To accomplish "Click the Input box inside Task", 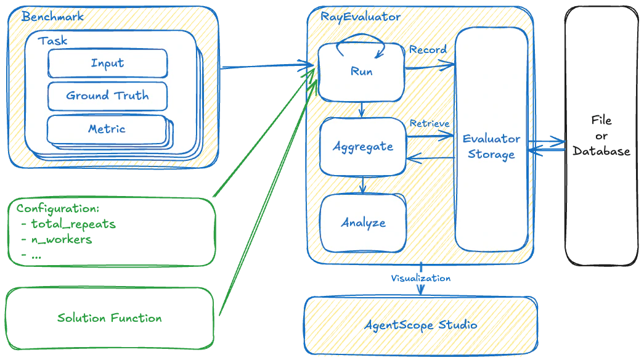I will [x=107, y=63].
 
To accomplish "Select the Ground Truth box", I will [x=107, y=96].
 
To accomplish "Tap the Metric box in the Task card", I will [x=107, y=129].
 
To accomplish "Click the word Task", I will [x=52, y=41].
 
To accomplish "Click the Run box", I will [x=361, y=72].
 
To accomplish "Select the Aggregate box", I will [x=362, y=147].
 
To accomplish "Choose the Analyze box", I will [x=363, y=223].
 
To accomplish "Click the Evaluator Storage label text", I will [x=491, y=147].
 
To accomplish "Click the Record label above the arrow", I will [x=428, y=49].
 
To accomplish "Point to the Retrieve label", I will [x=430, y=124].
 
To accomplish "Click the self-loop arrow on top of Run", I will [x=361, y=41].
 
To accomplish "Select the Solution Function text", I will [x=109, y=319].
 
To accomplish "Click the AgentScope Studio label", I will [x=421, y=324].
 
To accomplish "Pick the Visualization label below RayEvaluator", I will [x=421, y=279].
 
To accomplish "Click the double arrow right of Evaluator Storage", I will [x=547, y=145].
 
